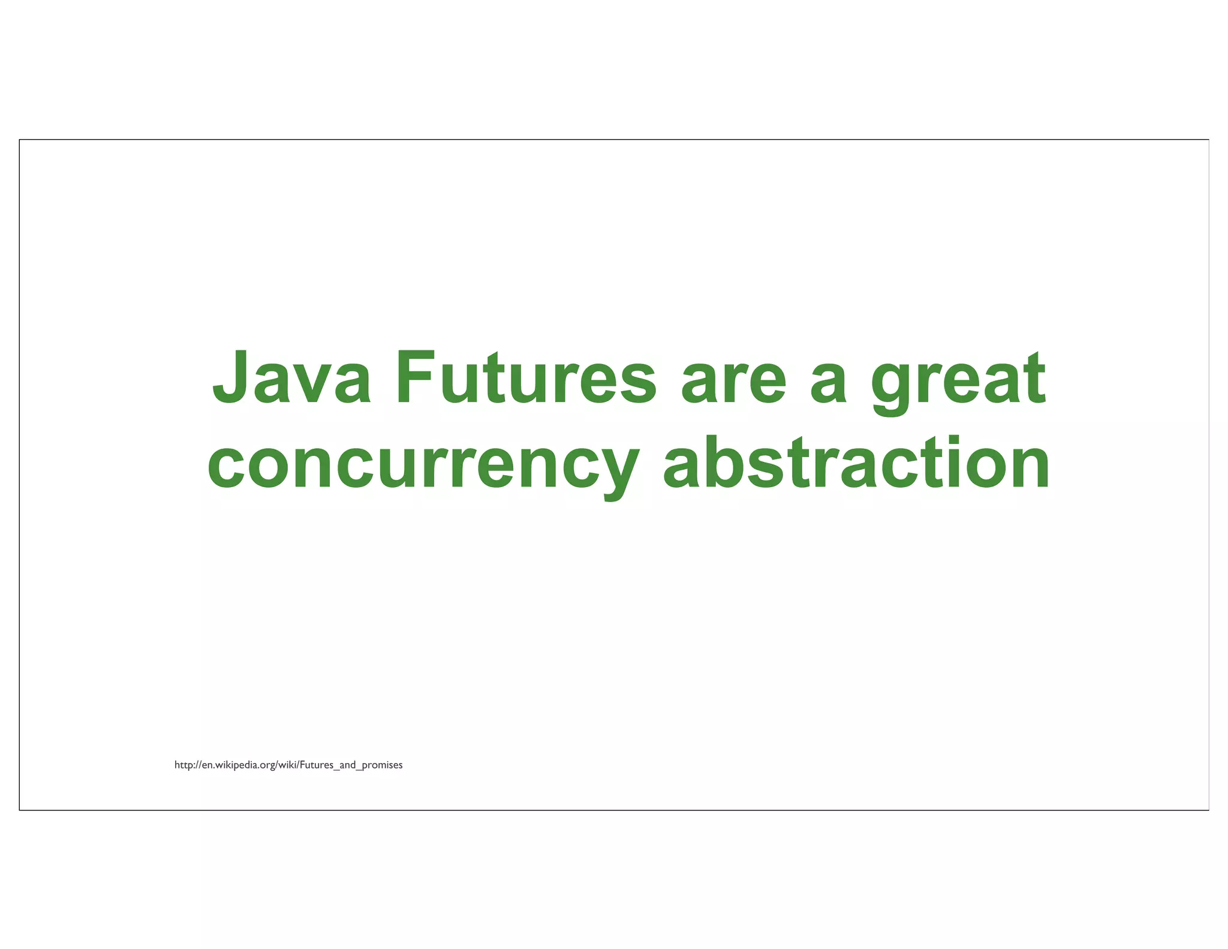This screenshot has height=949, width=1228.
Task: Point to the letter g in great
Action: pyautogui.click(x=892, y=387)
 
